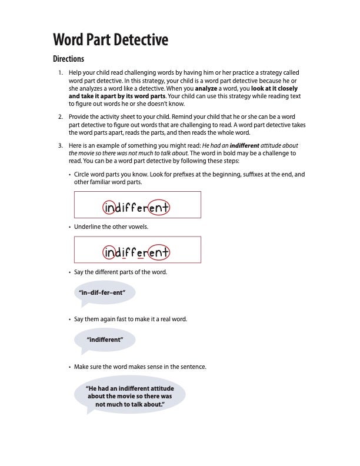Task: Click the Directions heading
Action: pos(69,59)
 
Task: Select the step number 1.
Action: pos(60,72)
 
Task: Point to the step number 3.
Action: pos(60,145)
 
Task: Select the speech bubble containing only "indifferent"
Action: pos(105,339)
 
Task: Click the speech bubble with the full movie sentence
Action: pos(129,396)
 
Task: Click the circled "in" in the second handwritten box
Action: pos(110,252)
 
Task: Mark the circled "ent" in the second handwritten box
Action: pos(159,252)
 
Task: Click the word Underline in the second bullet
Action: pos(88,227)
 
